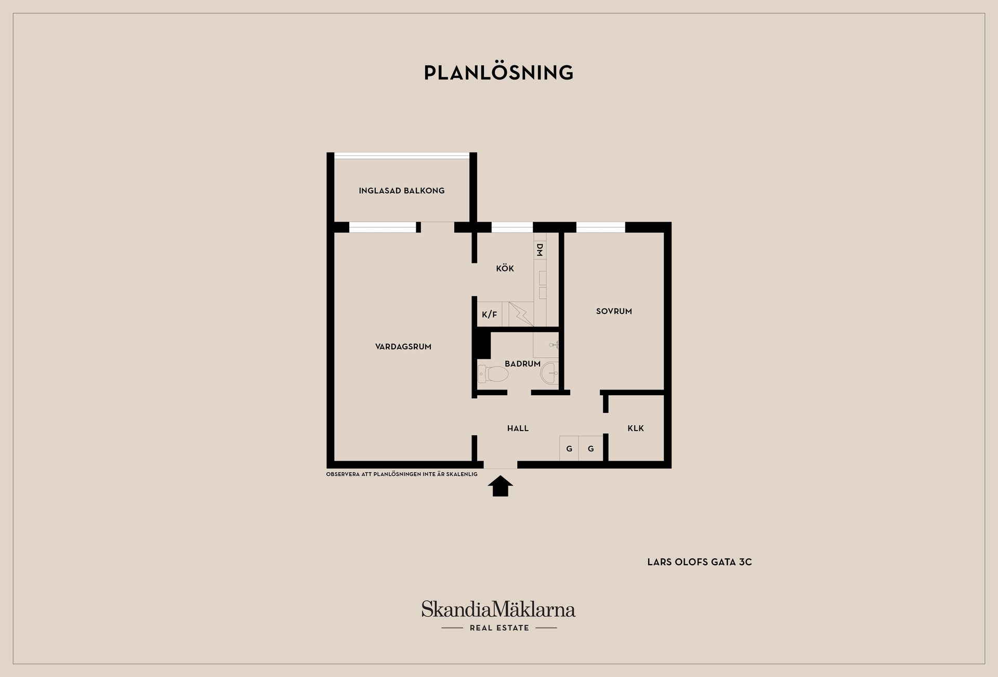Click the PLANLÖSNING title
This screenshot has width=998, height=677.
tap(498, 72)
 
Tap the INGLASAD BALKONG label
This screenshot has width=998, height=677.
tap(402, 191)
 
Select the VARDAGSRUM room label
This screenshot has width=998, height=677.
tap(403, 347)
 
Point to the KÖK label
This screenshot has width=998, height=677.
tap(505, 268)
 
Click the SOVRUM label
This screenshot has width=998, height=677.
tap(614, 311)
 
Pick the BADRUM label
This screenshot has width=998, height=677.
tap(522, 364)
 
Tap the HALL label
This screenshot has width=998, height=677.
tap(518, 428)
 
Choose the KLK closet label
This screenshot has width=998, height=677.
tap(636, 428)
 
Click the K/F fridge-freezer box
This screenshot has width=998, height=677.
tap(490, 314)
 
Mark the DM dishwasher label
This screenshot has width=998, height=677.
tap(540, 250)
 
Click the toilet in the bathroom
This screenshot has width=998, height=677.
tap(493, 374)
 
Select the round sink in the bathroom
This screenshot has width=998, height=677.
tap(549, 373)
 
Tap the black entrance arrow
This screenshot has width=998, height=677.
tap(501, 486)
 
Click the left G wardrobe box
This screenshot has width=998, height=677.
tap(569, 448)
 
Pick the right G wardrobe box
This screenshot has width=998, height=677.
tap(591, 448)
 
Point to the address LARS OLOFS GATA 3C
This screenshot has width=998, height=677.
tap(700, 562)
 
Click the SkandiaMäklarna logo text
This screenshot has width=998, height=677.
tap(498, 609)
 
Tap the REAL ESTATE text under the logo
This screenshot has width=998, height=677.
tap(500, 628)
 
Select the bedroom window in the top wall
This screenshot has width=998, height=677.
tap(601, 227)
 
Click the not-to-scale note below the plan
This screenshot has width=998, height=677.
tap(402, 474)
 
